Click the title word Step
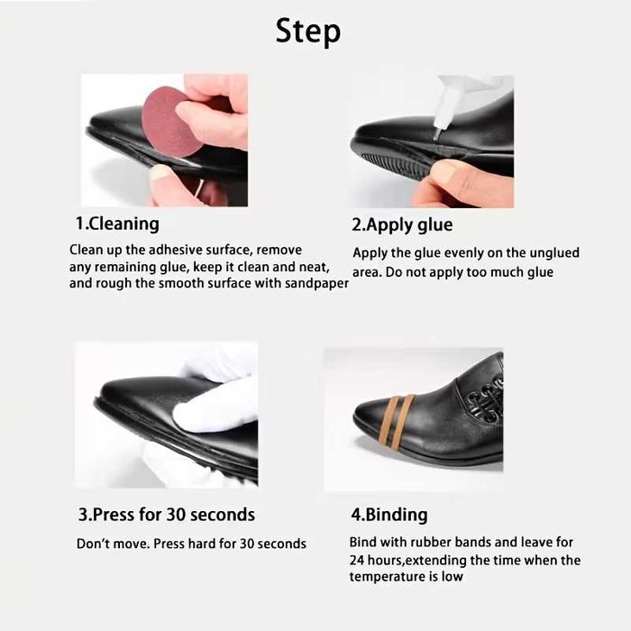(308, 32)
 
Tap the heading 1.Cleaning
(117, 224)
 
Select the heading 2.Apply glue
(402, 225)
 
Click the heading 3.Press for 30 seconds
(167, 515)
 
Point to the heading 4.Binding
(389, 515)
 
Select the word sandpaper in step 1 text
(316, 284)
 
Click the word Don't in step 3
(91, 544)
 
